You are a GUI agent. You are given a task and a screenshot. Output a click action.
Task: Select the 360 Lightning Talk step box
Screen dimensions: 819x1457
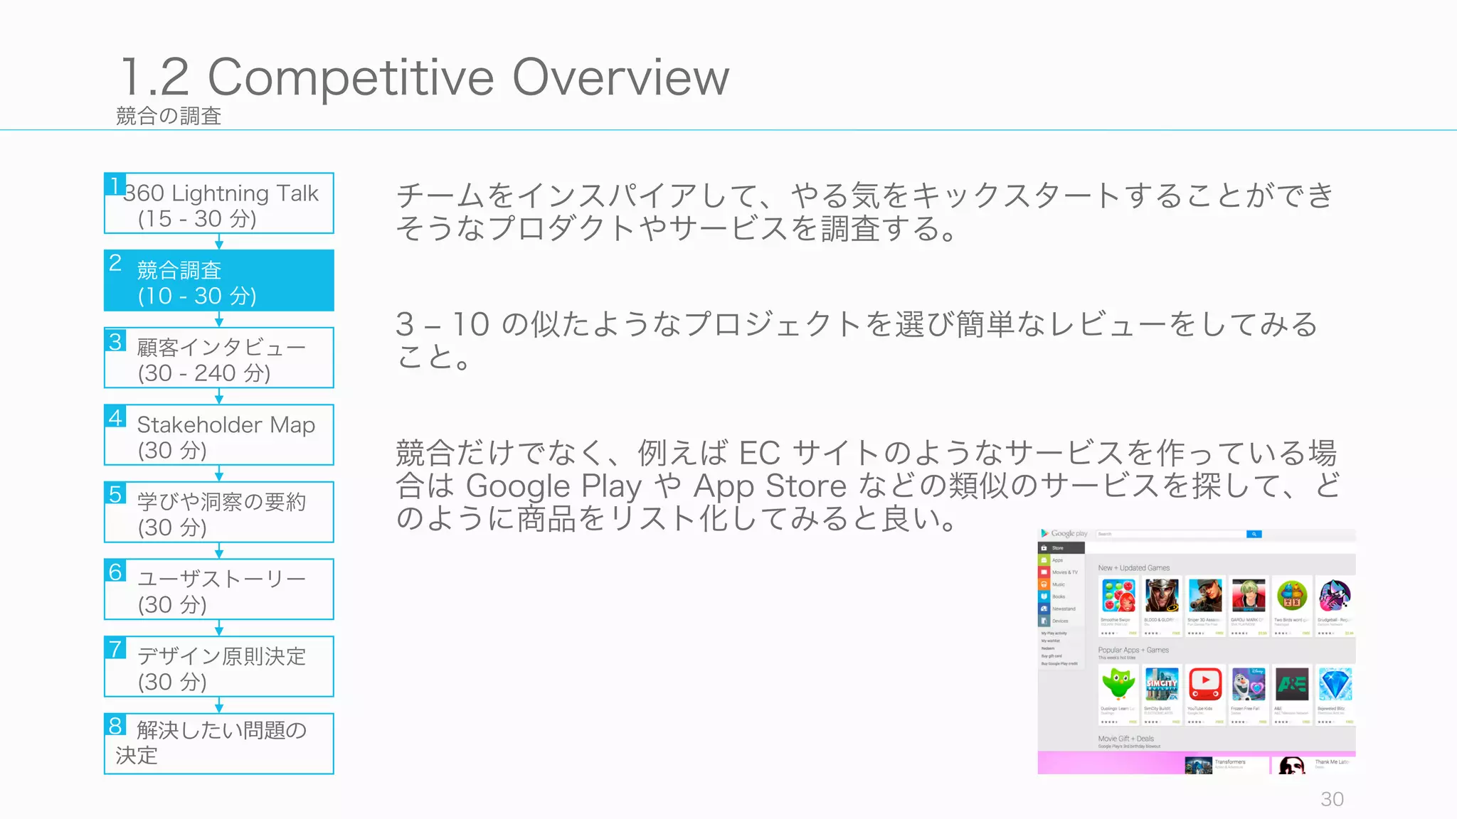219,204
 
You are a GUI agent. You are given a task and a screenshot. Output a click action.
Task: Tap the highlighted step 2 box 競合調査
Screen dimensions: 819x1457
219,281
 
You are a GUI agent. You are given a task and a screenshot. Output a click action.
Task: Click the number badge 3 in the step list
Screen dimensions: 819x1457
115,341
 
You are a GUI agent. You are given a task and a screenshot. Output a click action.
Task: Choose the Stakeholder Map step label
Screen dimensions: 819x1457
226,424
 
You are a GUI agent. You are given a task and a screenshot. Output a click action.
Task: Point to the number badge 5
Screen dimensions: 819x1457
115,494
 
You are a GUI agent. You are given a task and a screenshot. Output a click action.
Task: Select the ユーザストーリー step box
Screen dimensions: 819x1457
219,590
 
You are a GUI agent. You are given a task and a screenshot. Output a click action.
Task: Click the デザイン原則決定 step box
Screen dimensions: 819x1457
219,667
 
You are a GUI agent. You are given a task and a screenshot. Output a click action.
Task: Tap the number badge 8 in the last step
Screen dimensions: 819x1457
115,726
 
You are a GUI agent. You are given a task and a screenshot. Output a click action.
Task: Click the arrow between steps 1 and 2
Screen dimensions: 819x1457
219,242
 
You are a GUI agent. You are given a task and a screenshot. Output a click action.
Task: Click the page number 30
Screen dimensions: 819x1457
1332,799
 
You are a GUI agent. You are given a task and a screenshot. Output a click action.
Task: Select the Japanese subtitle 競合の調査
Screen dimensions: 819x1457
169,116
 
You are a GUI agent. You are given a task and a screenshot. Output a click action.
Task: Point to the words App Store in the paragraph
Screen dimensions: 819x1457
770,486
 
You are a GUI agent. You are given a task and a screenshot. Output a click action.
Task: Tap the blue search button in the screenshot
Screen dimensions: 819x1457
1254,534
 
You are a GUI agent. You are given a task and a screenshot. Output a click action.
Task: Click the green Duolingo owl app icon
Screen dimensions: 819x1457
1118,684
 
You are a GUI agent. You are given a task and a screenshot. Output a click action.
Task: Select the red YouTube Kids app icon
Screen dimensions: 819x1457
1205,684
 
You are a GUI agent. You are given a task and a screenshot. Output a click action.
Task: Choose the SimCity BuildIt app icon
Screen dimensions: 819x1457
1162,684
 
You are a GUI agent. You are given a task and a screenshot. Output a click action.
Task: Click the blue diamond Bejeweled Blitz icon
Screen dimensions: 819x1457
1335,684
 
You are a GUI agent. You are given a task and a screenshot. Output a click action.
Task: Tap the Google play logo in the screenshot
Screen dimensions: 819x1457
1064,533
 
